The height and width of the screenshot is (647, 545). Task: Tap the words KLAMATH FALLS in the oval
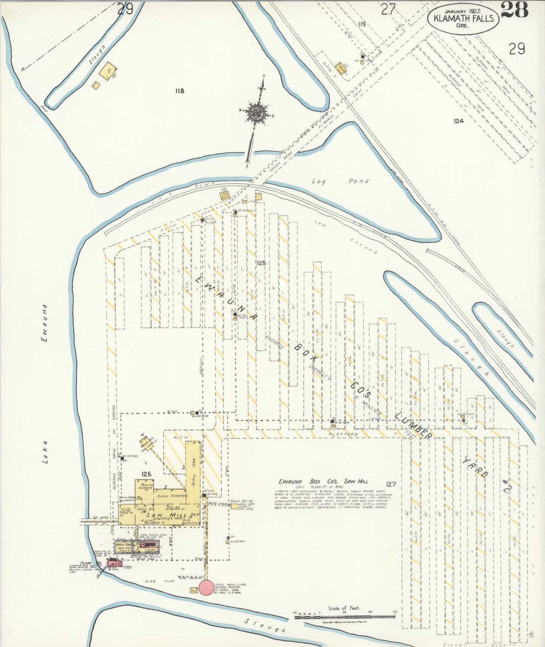464,18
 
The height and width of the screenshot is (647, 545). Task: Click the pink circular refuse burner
206,588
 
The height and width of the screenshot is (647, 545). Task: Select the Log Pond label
340,181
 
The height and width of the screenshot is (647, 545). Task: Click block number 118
180,91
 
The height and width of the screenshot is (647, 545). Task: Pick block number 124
459,121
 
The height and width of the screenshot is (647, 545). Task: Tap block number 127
391,484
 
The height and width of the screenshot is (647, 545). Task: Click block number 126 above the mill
146,474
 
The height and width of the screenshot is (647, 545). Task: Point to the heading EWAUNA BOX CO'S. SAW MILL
323,481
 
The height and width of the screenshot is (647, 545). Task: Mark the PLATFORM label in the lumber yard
343,434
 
